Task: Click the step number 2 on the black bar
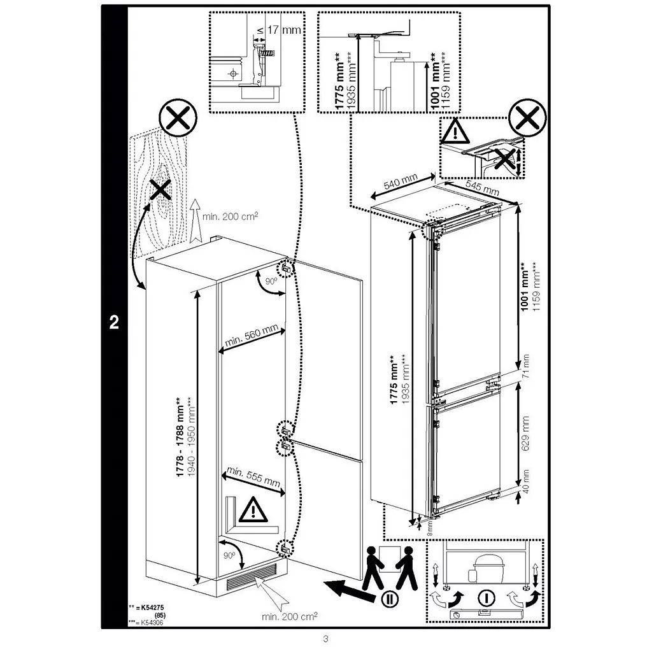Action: click(x=114, y=322)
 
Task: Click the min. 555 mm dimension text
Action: click(x=253, y=476)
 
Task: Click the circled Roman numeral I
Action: click(x=486, y=598)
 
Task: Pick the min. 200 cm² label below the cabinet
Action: click(x=290, y=616)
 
